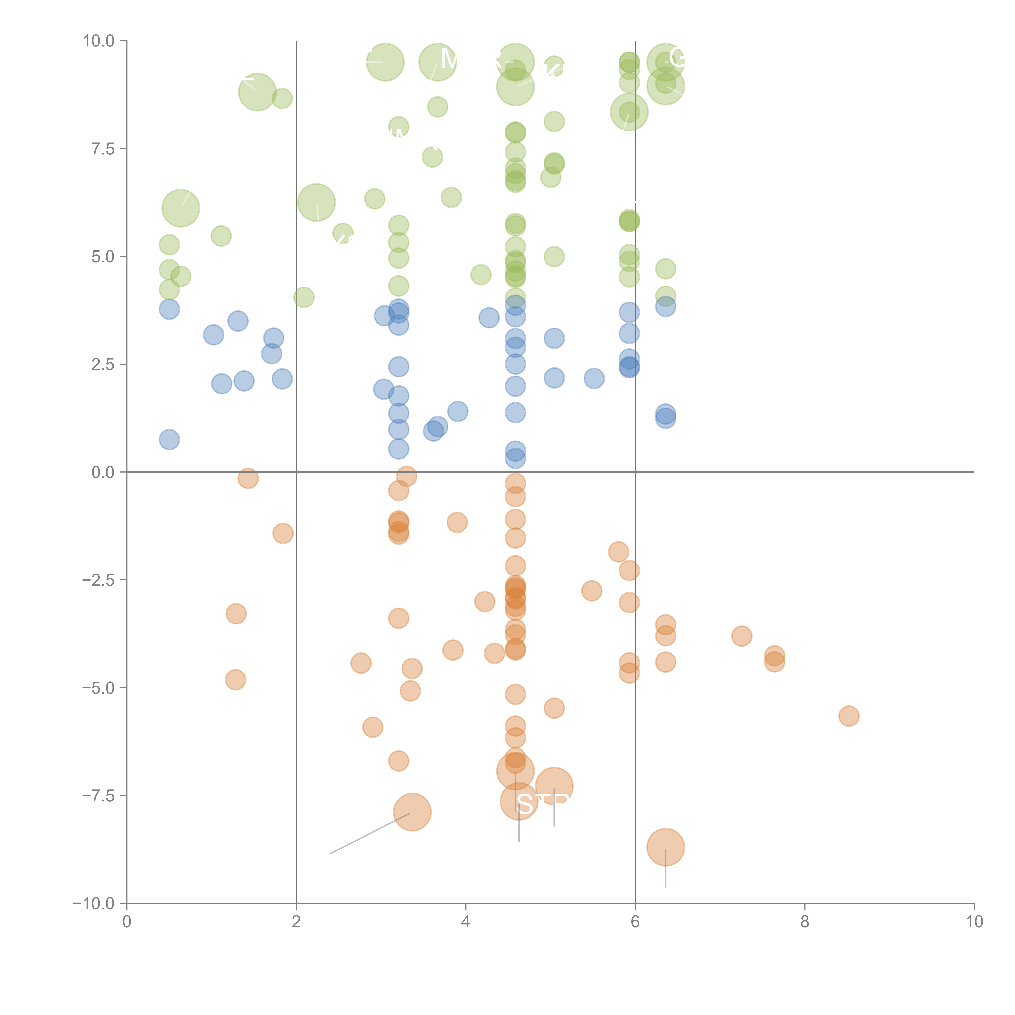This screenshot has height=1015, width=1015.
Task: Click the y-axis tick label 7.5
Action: (103, 149)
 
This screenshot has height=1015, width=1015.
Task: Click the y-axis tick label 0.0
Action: (103, 472)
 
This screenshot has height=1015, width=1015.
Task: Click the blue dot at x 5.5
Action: (594, 378)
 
